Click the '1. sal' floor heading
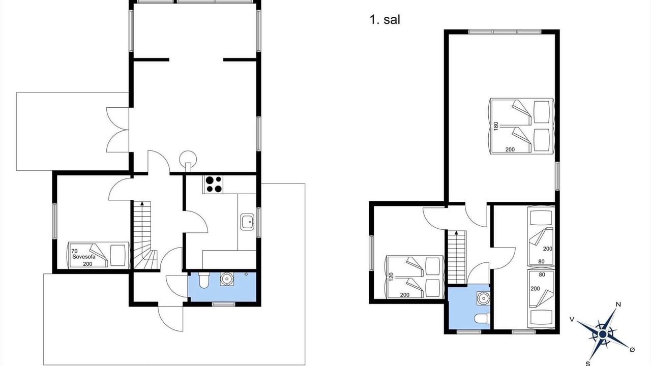pos(385,20)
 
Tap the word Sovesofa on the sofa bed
pos(84,257)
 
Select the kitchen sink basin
pos(247,222)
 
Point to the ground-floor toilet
pos(204,280)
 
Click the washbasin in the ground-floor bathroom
pos(227,279)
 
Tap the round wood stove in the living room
pos(188,160)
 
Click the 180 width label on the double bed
pos(496,126)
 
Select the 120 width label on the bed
pos(391,277)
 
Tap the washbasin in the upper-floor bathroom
pos(483,298)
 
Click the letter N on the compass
pos(618,304)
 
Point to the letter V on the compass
pos(572,320)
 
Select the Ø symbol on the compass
pos(632,350)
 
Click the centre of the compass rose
pos(603,334)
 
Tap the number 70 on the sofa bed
pos(74,251)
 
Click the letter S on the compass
pos(587,363)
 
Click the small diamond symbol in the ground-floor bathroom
pos(246,274)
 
